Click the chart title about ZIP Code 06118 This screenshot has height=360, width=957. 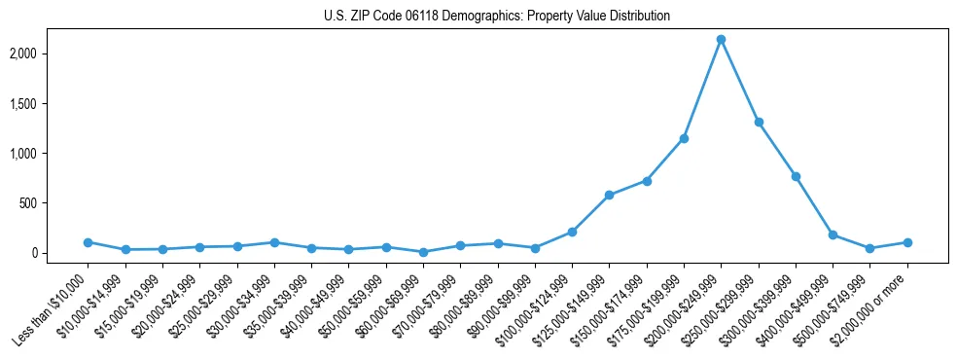497,17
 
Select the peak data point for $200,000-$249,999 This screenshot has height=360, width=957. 721,40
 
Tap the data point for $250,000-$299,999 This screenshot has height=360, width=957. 759,123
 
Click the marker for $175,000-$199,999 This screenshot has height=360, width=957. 684,138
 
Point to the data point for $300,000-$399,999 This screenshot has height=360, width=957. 796,176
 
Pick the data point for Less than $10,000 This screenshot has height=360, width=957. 88,242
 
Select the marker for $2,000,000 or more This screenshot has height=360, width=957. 907,242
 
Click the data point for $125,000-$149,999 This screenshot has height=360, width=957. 609,195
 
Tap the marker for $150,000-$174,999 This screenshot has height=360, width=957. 647,181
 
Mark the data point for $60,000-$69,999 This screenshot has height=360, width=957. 423,252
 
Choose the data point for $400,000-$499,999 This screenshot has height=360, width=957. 833,234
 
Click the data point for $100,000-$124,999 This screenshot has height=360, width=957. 572,232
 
